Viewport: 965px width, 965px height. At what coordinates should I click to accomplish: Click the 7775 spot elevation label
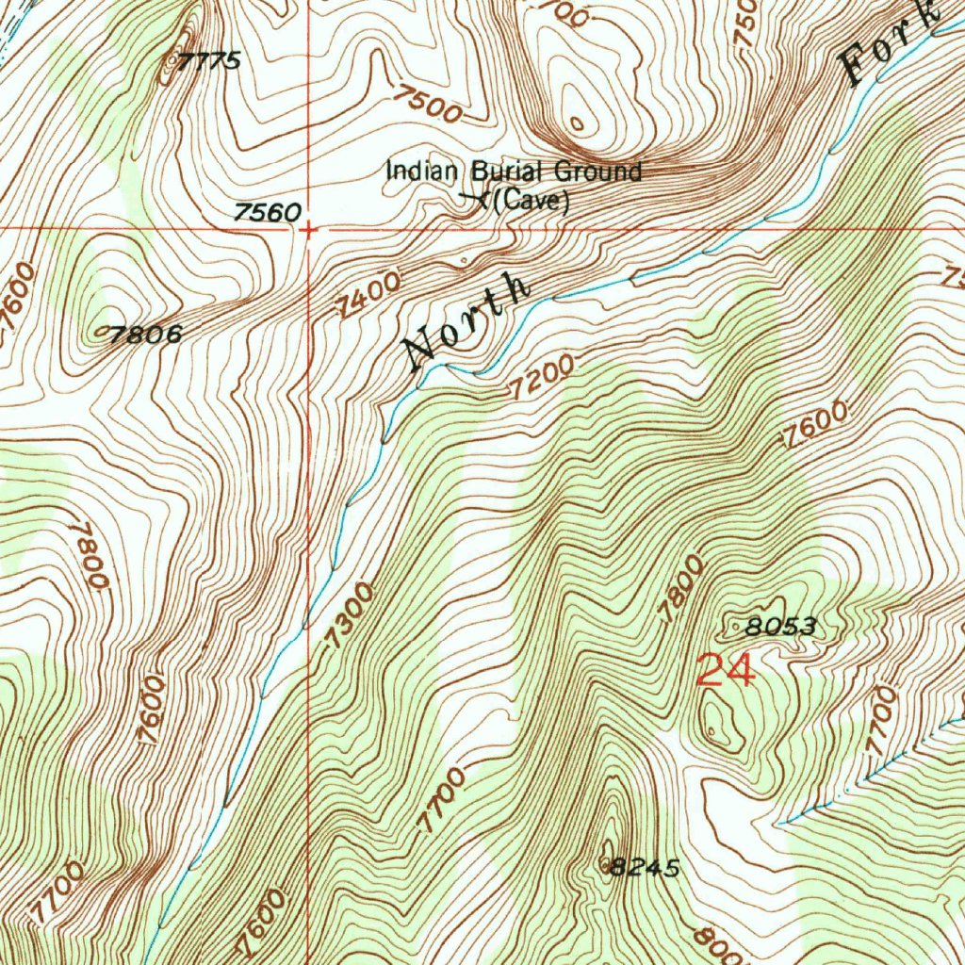(x=208, y=61)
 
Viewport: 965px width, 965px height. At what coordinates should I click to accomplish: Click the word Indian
(x=421, y=172)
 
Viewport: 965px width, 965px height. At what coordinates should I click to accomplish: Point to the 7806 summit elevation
(x=144, y=333)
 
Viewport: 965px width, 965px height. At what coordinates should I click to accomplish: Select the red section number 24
(x=726, y=671)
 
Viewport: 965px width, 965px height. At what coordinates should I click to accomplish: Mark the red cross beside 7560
(x=310, y=228)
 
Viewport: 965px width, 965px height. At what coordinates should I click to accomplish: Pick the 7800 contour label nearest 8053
(x=681, y=588)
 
